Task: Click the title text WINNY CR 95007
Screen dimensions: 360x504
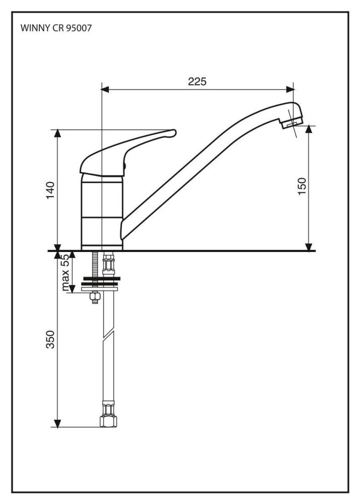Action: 56,28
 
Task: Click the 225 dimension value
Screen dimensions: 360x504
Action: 197,82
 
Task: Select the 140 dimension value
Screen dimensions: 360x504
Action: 51,191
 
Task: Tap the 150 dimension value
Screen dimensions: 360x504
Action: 302,186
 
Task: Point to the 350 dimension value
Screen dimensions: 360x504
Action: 51,339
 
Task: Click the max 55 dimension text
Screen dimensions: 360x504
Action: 65,273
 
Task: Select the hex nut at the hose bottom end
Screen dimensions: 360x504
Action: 108,421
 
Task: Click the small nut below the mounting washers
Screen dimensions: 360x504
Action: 94,297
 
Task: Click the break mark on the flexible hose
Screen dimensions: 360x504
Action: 108,334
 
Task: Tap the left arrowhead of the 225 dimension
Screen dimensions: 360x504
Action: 105,89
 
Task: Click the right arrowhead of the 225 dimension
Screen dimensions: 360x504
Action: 290,89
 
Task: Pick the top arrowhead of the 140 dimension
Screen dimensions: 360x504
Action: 57,134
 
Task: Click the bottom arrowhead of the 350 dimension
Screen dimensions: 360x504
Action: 57,423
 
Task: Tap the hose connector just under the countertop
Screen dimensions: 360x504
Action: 108,264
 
